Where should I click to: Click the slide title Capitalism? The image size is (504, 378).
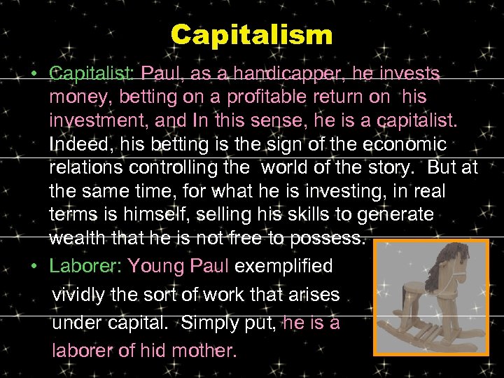pos(251,34)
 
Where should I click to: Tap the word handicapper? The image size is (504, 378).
pos(289,73)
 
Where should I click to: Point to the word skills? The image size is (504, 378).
pos(299,215)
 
